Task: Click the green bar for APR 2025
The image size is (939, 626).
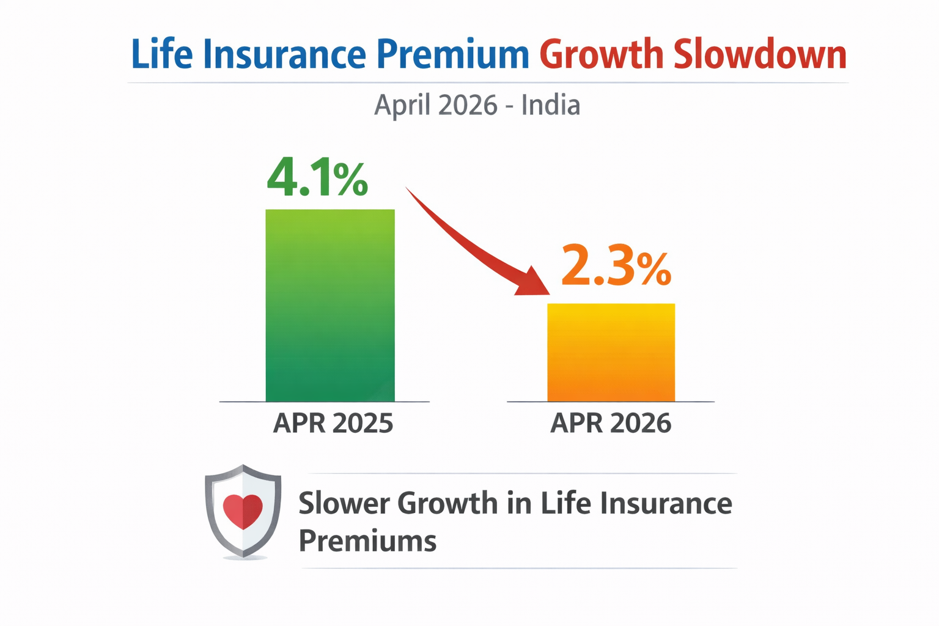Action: click(x=330, y=306)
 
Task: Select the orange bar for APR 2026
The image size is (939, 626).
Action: click(x=611, y=352)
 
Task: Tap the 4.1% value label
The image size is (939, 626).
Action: click(x=317, y=178)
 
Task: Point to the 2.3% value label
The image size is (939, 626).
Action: click(x=616, y=266)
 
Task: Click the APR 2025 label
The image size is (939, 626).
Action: click(x=333, y=423)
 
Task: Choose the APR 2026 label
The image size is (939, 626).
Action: click(x=611, y=423)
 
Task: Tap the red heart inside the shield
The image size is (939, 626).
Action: click(x=243, y=511)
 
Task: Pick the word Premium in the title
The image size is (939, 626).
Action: click(x=452, y=54)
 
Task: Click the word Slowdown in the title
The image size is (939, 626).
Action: click(x=760, y=54)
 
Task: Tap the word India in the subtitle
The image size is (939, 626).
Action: click(x=550, y=105)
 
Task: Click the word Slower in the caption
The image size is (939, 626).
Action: click(x=344, y=504)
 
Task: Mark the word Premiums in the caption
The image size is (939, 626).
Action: click(x=367, y=541)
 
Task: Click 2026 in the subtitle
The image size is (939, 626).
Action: click(x=468, y=105)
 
